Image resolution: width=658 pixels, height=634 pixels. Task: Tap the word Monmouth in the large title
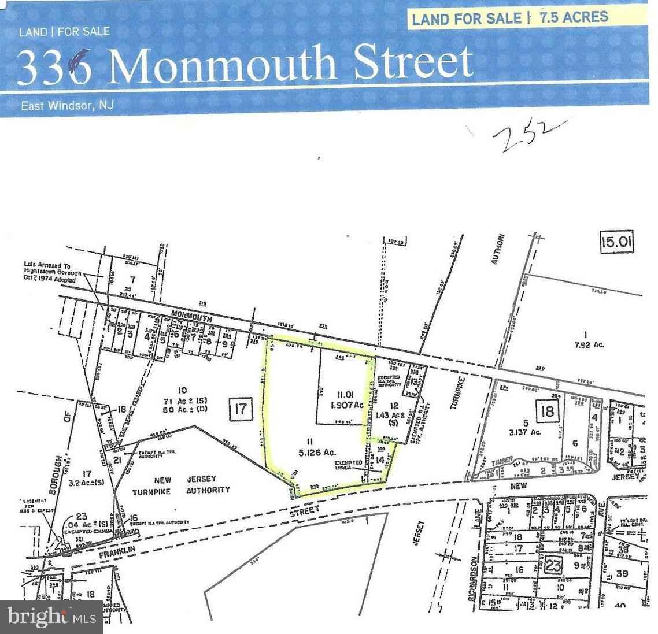coord(224,64)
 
